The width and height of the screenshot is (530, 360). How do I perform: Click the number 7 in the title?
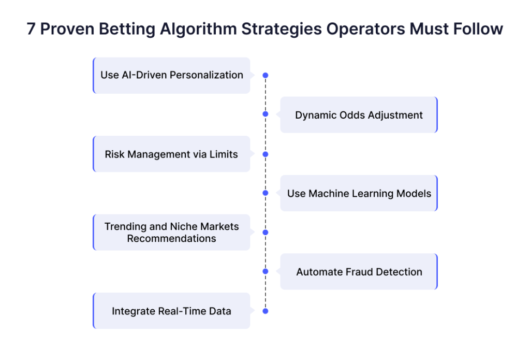pyautogui.click(x=31, y=29)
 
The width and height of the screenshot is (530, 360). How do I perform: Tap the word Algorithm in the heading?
pyautogui.click(x=198, y=30)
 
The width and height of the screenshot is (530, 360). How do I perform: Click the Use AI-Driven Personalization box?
pyautogui.click(x=172, y=76)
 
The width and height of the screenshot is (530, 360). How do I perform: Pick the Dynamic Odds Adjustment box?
pyautogui.click(x=359, y=114)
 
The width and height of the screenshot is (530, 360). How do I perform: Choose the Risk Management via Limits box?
pyautogui.click(x=172, y=154)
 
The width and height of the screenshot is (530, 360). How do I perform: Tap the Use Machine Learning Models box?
pyautogui.click(x=359, y=193)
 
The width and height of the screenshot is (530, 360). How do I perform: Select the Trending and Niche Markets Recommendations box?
pyautogui.click(x=172, y=233)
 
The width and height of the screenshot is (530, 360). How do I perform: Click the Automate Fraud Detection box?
pyautogui.click(x=359, y=272)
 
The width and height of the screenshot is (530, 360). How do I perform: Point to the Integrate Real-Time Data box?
pyautogui.click(x=172, y=311)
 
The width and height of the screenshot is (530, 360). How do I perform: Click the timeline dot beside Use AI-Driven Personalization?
pyautogui.click(x=266, y=75)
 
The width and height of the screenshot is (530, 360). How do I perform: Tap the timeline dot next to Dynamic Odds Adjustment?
pyautogui.click(x=266, y=114)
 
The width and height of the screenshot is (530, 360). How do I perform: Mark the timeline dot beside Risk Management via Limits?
pyautogui.click(x=266, y=154)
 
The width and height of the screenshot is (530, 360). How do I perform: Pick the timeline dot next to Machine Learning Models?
pyautogui.click(x=266, y=193)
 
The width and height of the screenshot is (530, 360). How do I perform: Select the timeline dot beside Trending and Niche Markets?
pyautogui.click(x=266, y=233)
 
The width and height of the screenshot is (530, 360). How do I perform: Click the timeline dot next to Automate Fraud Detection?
pyautogui.click(x=266, y=271)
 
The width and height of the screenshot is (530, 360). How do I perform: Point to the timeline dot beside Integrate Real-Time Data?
pyautogui.click(x=266, y=311)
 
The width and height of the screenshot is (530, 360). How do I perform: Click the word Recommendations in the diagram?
pyautogui.click(x=171, y=239)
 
